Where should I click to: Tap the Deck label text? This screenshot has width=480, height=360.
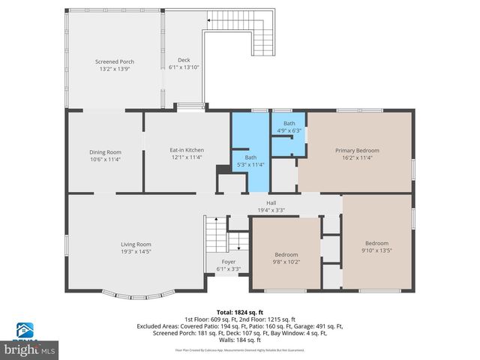point(184,60)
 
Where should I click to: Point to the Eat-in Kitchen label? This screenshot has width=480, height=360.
point(186,151)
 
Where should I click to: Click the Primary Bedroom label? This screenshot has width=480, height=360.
point(356,151)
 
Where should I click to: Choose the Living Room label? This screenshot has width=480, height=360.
point(136,244)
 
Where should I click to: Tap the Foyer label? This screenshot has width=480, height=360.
point(228,262)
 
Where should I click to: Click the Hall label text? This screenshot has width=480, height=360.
point(271,202)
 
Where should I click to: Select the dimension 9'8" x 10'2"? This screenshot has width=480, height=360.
point(286,262)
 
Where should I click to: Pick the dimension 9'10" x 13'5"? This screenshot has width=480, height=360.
point(376,250)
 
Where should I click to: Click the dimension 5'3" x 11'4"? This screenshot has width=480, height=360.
point(250,165)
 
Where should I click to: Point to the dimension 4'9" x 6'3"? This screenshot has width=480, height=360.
point(289,130)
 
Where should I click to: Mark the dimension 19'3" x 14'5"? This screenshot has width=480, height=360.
point(136,251)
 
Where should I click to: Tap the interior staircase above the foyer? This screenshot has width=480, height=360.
point(216,236)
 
